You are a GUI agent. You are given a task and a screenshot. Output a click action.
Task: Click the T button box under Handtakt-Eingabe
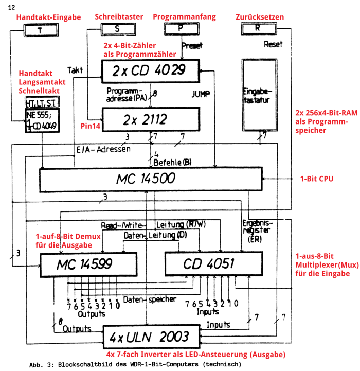(x=40, y=30)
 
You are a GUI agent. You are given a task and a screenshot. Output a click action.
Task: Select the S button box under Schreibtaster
(x=117, y=28)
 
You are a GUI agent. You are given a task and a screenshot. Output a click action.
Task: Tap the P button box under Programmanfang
(x=180, y=28)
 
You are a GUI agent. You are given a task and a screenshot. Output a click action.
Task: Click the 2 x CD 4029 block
(x=150, y=71)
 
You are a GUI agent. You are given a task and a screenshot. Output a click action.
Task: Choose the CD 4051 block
(x=208, y=264)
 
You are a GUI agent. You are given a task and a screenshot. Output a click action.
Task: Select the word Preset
(x=192, y=45)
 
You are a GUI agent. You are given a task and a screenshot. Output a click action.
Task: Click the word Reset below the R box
(x=273, y=44)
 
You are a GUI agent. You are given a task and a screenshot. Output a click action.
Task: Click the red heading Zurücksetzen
(x=259, y=17)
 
